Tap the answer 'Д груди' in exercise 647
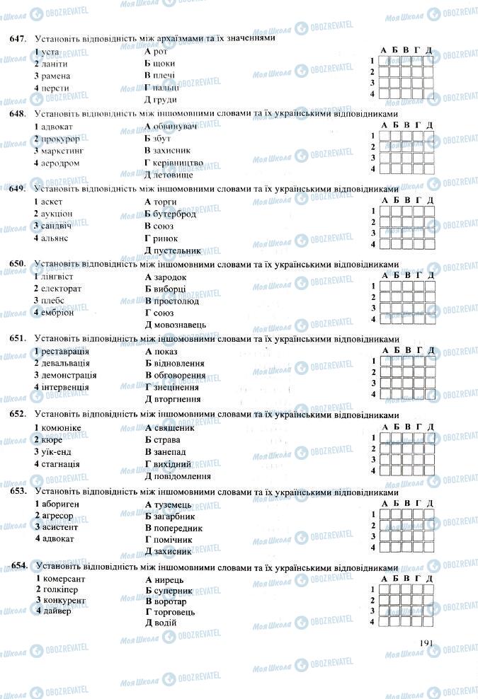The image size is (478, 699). click(160, 99)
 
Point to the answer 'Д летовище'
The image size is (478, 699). click(167, 174)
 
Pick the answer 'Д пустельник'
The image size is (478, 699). click(173, 250)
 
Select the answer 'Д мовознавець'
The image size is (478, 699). click(175, 324)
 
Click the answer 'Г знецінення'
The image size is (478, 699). click(172, 387)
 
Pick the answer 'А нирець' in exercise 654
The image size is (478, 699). click(164, 578)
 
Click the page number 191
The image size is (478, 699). click(425, 642)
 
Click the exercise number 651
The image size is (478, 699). click(17, 338)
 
